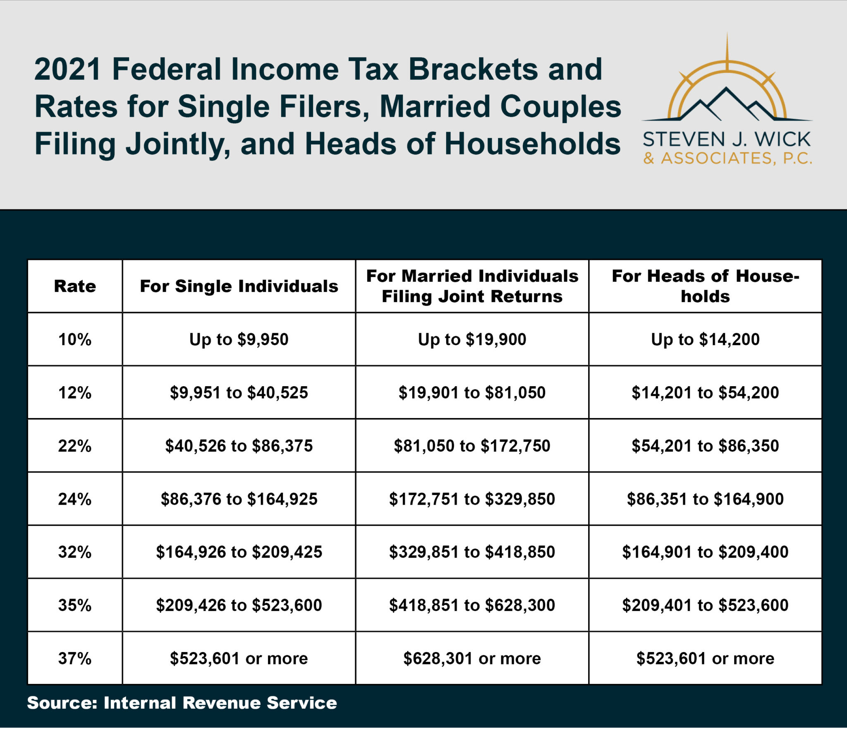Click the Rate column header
point(75,286)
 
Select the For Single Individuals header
point(239,286)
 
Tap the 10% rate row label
point(75,339)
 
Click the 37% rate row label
point(75,658)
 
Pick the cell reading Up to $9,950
point(239,339)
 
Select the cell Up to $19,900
point(472,339)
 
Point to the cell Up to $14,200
point(705,339)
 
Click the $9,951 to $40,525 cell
point(239,392)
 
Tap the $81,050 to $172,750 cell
point(472,446)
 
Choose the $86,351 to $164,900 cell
point(705,499)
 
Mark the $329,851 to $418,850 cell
point(472,552)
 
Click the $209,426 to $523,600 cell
point(239,605)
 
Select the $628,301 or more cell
point(472,658)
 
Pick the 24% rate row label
point(75,499)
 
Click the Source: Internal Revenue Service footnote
point(182,703)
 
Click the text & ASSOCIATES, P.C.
point(727,158)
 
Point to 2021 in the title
point(67,69)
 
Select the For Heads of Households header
point(705,286)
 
